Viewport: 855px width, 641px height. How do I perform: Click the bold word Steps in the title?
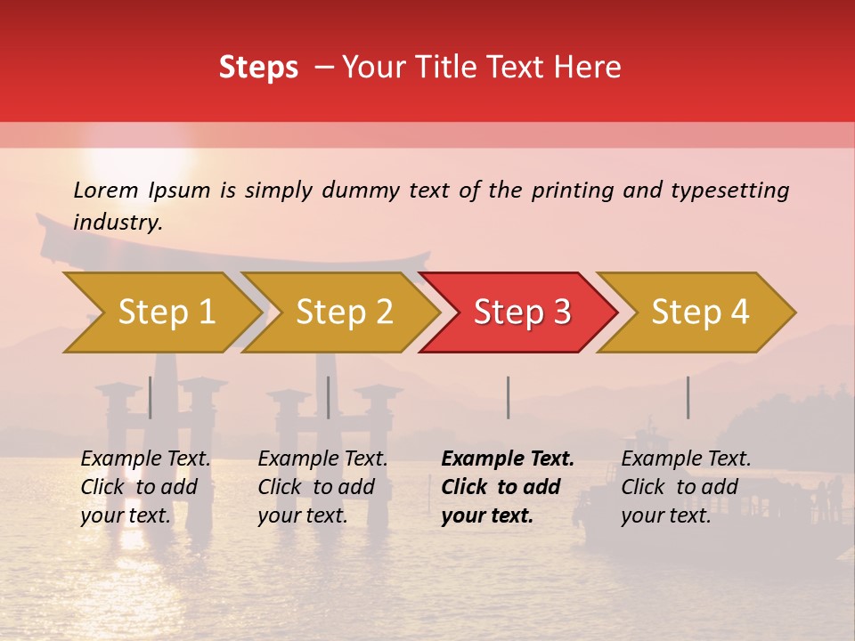pyautogui.click(x=258, y=68)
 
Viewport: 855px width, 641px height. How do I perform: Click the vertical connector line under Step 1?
pyautogui.click(x=150, y=397)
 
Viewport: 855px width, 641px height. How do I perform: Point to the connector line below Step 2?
pyautogui.click(x=329, y=397)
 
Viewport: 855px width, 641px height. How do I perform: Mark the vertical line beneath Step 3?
pyautogui.click(x=508, y=397)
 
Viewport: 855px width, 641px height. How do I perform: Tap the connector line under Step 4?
pyautogui.click(x=688, y=397)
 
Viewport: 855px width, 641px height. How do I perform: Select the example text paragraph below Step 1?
pyautogui.click(x=145, y=487)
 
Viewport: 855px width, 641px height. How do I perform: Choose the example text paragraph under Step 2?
pyautogui.click(x=322, y=487)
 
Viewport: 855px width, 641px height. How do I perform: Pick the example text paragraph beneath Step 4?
pyautogui.click(x=686, y=487)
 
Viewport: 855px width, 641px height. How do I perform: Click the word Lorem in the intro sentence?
pyautogui.click(x=106, y=191)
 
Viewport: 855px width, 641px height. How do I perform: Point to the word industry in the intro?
pyautogui.click(x=117, y=223)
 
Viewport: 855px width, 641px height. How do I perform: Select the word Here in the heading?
pyautogui.click(x=591, y=68)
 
